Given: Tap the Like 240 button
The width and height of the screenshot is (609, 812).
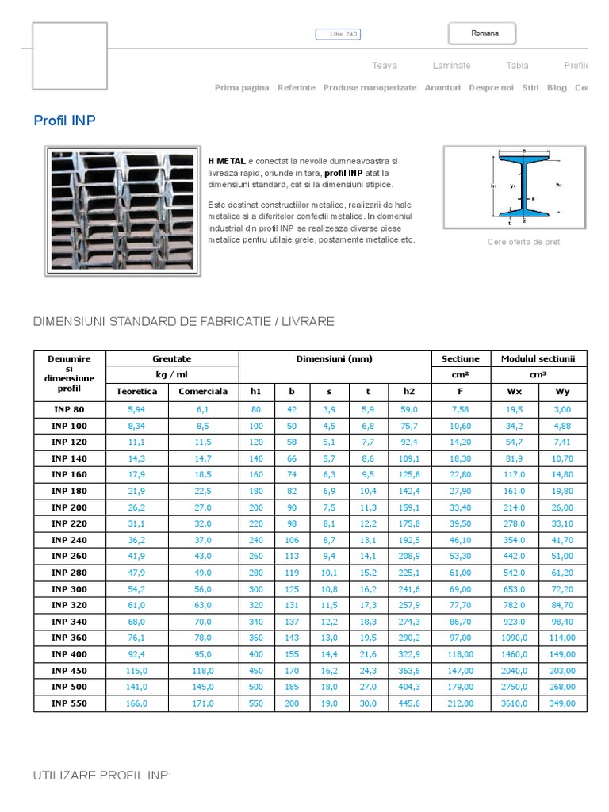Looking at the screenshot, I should click(x=338, y=34).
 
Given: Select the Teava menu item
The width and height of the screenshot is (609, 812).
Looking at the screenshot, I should click(x=385, y=66).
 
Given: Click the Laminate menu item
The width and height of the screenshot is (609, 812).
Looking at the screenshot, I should click(x=451, y=66).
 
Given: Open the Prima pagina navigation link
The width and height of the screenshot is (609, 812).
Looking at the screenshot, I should click(x=242, y=88).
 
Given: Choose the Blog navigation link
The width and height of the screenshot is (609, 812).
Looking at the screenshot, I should click(x=557, y=88).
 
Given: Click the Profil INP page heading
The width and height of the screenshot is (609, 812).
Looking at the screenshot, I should click(x=64, y=121).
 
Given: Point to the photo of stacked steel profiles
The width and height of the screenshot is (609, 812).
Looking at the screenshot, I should click(x=122, y=211).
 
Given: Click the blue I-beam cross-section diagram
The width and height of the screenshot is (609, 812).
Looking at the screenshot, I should click(x=523, y=186).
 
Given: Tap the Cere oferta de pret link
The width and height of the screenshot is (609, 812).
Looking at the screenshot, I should click(x=523, y=242).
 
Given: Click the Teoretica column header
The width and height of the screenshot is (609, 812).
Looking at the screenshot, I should click(x=136, y=391).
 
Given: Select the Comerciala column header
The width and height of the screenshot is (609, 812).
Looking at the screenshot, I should click(x=203, y=391).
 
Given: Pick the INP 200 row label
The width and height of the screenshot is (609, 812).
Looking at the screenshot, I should click(x=71, y=507).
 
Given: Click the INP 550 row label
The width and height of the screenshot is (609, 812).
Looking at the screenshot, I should click(x=71, y=703).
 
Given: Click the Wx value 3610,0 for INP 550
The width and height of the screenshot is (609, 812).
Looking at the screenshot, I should click(x=514, y=703).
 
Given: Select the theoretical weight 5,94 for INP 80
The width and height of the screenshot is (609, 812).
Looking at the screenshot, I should click(x=136, y=410).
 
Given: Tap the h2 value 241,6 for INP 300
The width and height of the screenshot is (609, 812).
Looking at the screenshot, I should click(x=408, y=589).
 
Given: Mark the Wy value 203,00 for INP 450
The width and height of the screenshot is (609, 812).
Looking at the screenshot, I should click(x=561, y=671).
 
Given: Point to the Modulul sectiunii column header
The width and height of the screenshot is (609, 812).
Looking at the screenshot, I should click(x=538, y=358).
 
